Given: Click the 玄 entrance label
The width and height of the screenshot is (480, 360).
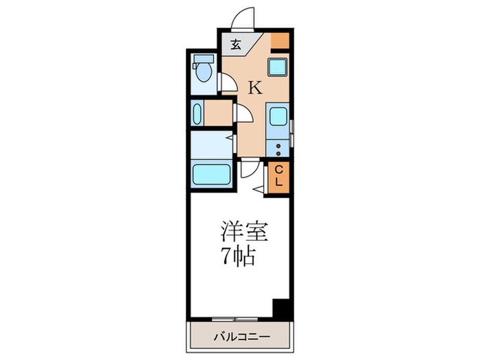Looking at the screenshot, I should point(235,47).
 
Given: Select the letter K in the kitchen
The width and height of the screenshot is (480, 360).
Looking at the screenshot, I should point(254,87).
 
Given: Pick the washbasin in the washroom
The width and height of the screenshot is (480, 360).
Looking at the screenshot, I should point(198,114).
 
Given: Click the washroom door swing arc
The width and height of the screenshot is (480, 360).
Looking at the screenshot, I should point(243,114).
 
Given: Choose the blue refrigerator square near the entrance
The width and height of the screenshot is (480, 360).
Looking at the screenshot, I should point(278,67).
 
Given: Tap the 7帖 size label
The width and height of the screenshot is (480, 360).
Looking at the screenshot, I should point(238,258).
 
